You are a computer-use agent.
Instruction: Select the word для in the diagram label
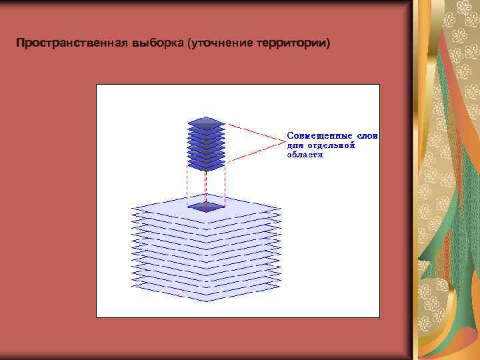294,144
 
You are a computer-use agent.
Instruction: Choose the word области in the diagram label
305,154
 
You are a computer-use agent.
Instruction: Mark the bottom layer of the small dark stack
206,165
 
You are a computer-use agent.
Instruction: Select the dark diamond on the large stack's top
206,207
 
